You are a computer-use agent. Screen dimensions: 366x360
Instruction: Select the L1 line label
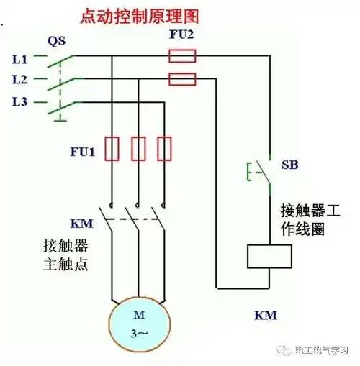20,57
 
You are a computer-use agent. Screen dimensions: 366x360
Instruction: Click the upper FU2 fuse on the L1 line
183,55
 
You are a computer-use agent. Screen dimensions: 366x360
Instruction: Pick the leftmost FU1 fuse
112,148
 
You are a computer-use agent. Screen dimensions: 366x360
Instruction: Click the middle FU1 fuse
139,148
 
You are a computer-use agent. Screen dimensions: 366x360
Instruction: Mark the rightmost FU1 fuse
165,148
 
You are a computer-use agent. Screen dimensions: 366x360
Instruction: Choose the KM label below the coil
266,315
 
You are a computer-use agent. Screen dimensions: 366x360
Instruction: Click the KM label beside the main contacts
60,222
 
